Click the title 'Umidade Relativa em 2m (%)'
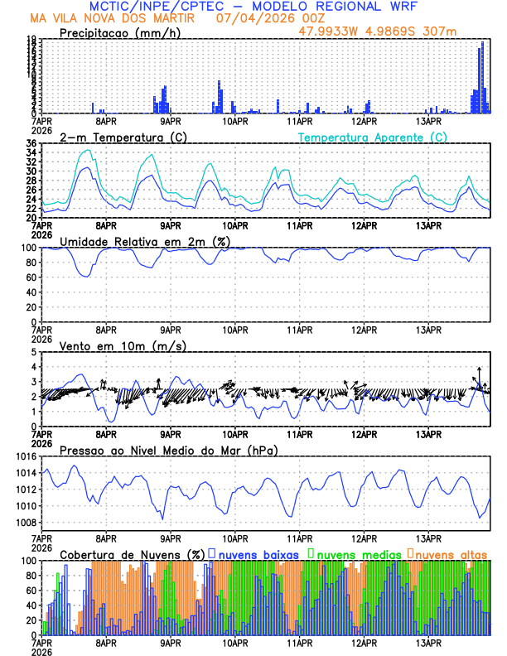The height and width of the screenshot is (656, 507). tap(138, 241)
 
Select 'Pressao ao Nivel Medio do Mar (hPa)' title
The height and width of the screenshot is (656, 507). tap(168, 450)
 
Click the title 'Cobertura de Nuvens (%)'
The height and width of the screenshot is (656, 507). tap(133, 553)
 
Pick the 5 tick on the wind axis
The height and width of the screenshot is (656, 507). tap(33, 352)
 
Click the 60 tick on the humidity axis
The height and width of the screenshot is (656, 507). tap(31, 277)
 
